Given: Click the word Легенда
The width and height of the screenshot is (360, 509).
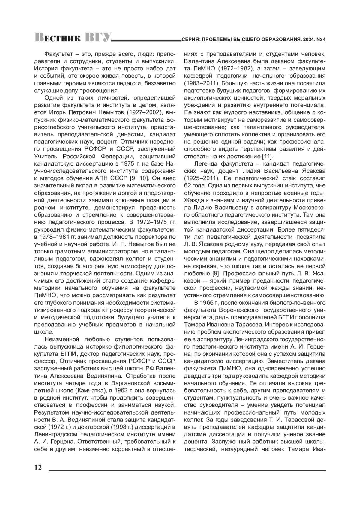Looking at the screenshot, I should (206, 164).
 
